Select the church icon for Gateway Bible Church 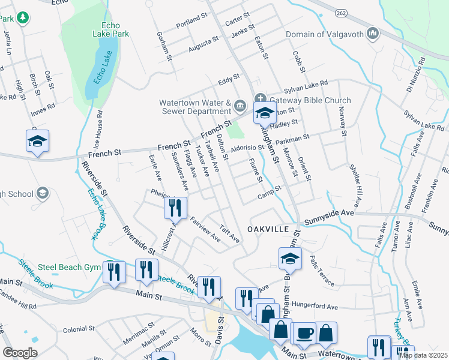[x=260, y=99]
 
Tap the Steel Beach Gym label [x=68, y=267]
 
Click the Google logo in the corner [x=20, y=353]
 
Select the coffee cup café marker [x=304, y=334]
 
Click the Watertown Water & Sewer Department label [x=195, y=107]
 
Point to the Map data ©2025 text [x=423, y=355]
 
